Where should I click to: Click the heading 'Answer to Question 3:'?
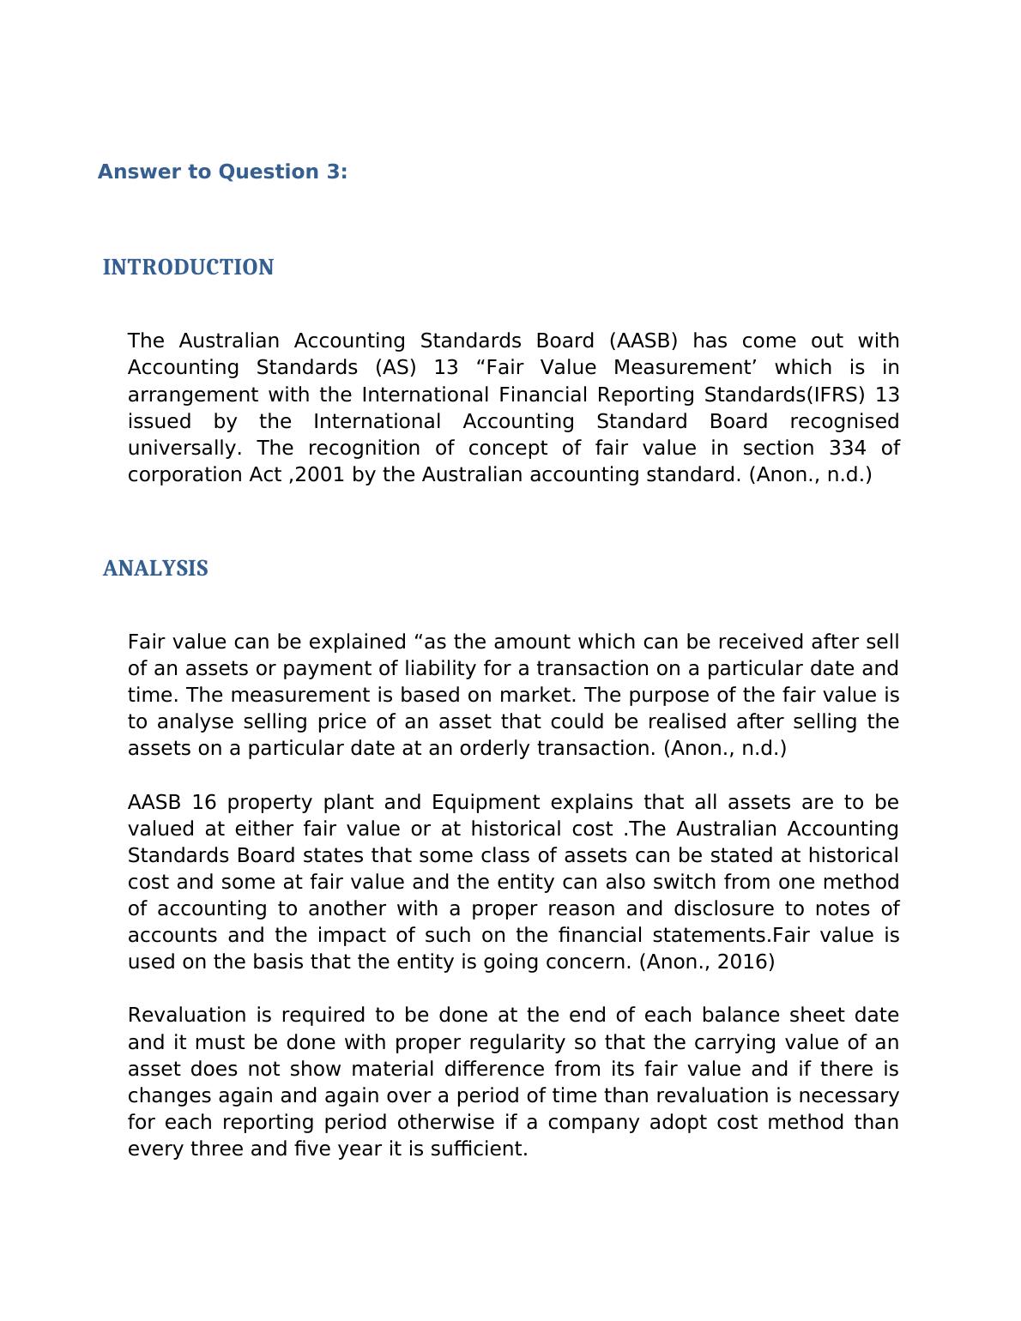point(222,172)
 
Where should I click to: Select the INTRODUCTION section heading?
point(188,268)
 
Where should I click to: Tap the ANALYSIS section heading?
point(155,569)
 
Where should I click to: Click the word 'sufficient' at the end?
point(481,1149)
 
